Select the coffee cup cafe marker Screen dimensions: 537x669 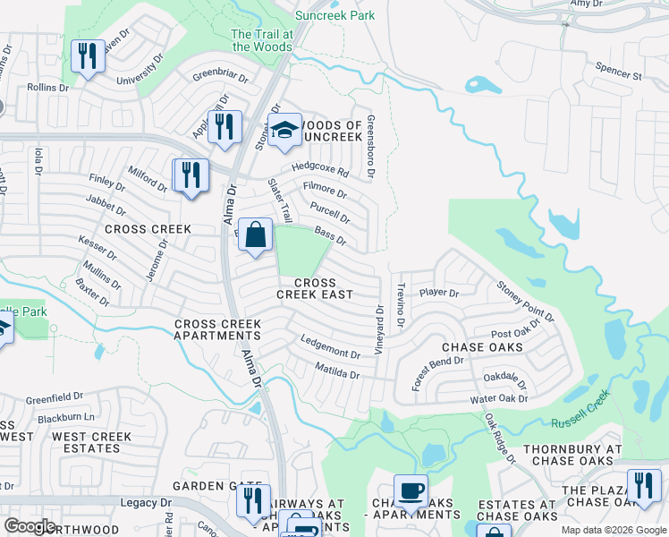click(x=411, y=491)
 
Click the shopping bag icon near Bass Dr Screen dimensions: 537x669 click(x=255, y=236)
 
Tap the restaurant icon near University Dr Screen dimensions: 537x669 click(x=87, y=57)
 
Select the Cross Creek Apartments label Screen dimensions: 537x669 click(x=217, y=329)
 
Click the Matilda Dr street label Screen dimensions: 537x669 click(x=337, y=371)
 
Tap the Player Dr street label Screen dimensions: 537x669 click(x=438, y=293)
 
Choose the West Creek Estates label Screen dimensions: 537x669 click(x=91, y=442)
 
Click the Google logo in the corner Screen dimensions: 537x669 click(x=30, y=525)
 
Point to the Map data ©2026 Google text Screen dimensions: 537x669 click(x=614, y=530)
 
